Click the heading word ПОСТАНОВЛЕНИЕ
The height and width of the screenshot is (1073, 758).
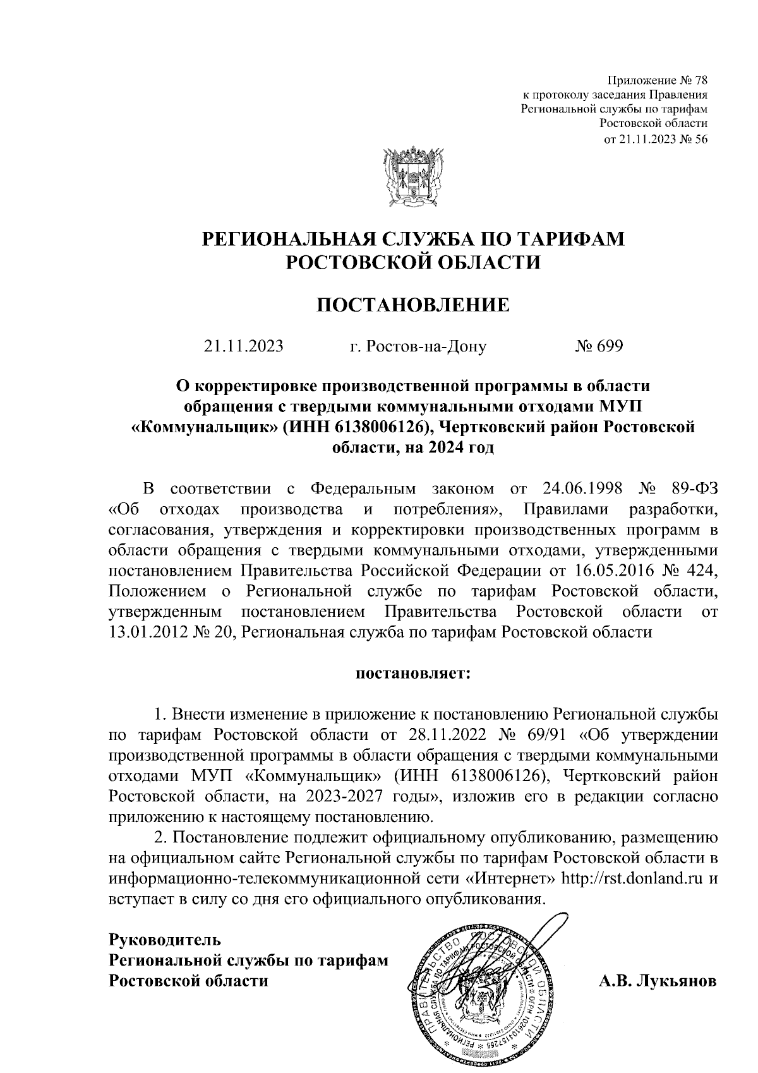coord(412,306)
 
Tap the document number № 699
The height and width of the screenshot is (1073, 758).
coord(598,346)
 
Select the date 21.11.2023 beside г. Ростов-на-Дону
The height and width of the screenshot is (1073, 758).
coord(243,346)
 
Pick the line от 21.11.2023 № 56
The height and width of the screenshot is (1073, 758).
coord(656,139)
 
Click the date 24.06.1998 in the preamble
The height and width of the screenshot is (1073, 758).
coord(583,489)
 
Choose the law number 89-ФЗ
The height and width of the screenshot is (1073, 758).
coord(690,489)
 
